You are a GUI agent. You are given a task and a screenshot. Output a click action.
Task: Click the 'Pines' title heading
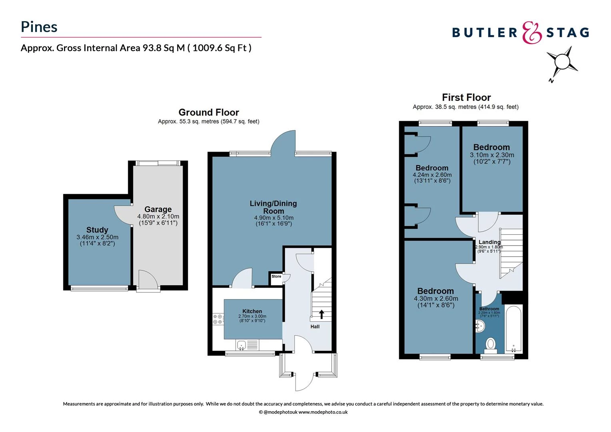pos(39,27)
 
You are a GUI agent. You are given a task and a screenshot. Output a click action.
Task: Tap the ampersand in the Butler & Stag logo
pos(532,32)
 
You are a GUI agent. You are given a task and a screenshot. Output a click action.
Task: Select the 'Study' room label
pos(97,230)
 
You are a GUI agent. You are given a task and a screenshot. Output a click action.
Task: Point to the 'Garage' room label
pos(158,209)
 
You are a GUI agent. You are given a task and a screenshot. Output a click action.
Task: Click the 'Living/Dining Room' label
pos(274,207)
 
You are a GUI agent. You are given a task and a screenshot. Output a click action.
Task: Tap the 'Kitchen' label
pos(252,311)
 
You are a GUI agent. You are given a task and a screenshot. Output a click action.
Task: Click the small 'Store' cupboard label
pos(276,276)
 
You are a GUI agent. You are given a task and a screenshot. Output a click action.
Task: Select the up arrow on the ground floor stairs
pos(321,314)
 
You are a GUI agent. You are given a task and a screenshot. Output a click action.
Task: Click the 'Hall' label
pos(315,326)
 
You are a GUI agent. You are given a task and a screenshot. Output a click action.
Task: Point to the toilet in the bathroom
pos(491,344)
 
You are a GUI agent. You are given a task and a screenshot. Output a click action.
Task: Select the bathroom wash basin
pos(480,326)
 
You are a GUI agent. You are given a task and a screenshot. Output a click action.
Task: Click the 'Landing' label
pos(489,242)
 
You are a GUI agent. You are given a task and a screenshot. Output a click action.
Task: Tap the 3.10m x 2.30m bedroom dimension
pos(492,155)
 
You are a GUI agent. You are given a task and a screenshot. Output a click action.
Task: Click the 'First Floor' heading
pos(466,97)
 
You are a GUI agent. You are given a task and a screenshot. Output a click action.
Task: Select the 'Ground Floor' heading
pos(209,112)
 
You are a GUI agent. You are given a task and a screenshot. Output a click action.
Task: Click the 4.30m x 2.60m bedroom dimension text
pos(436,298)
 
